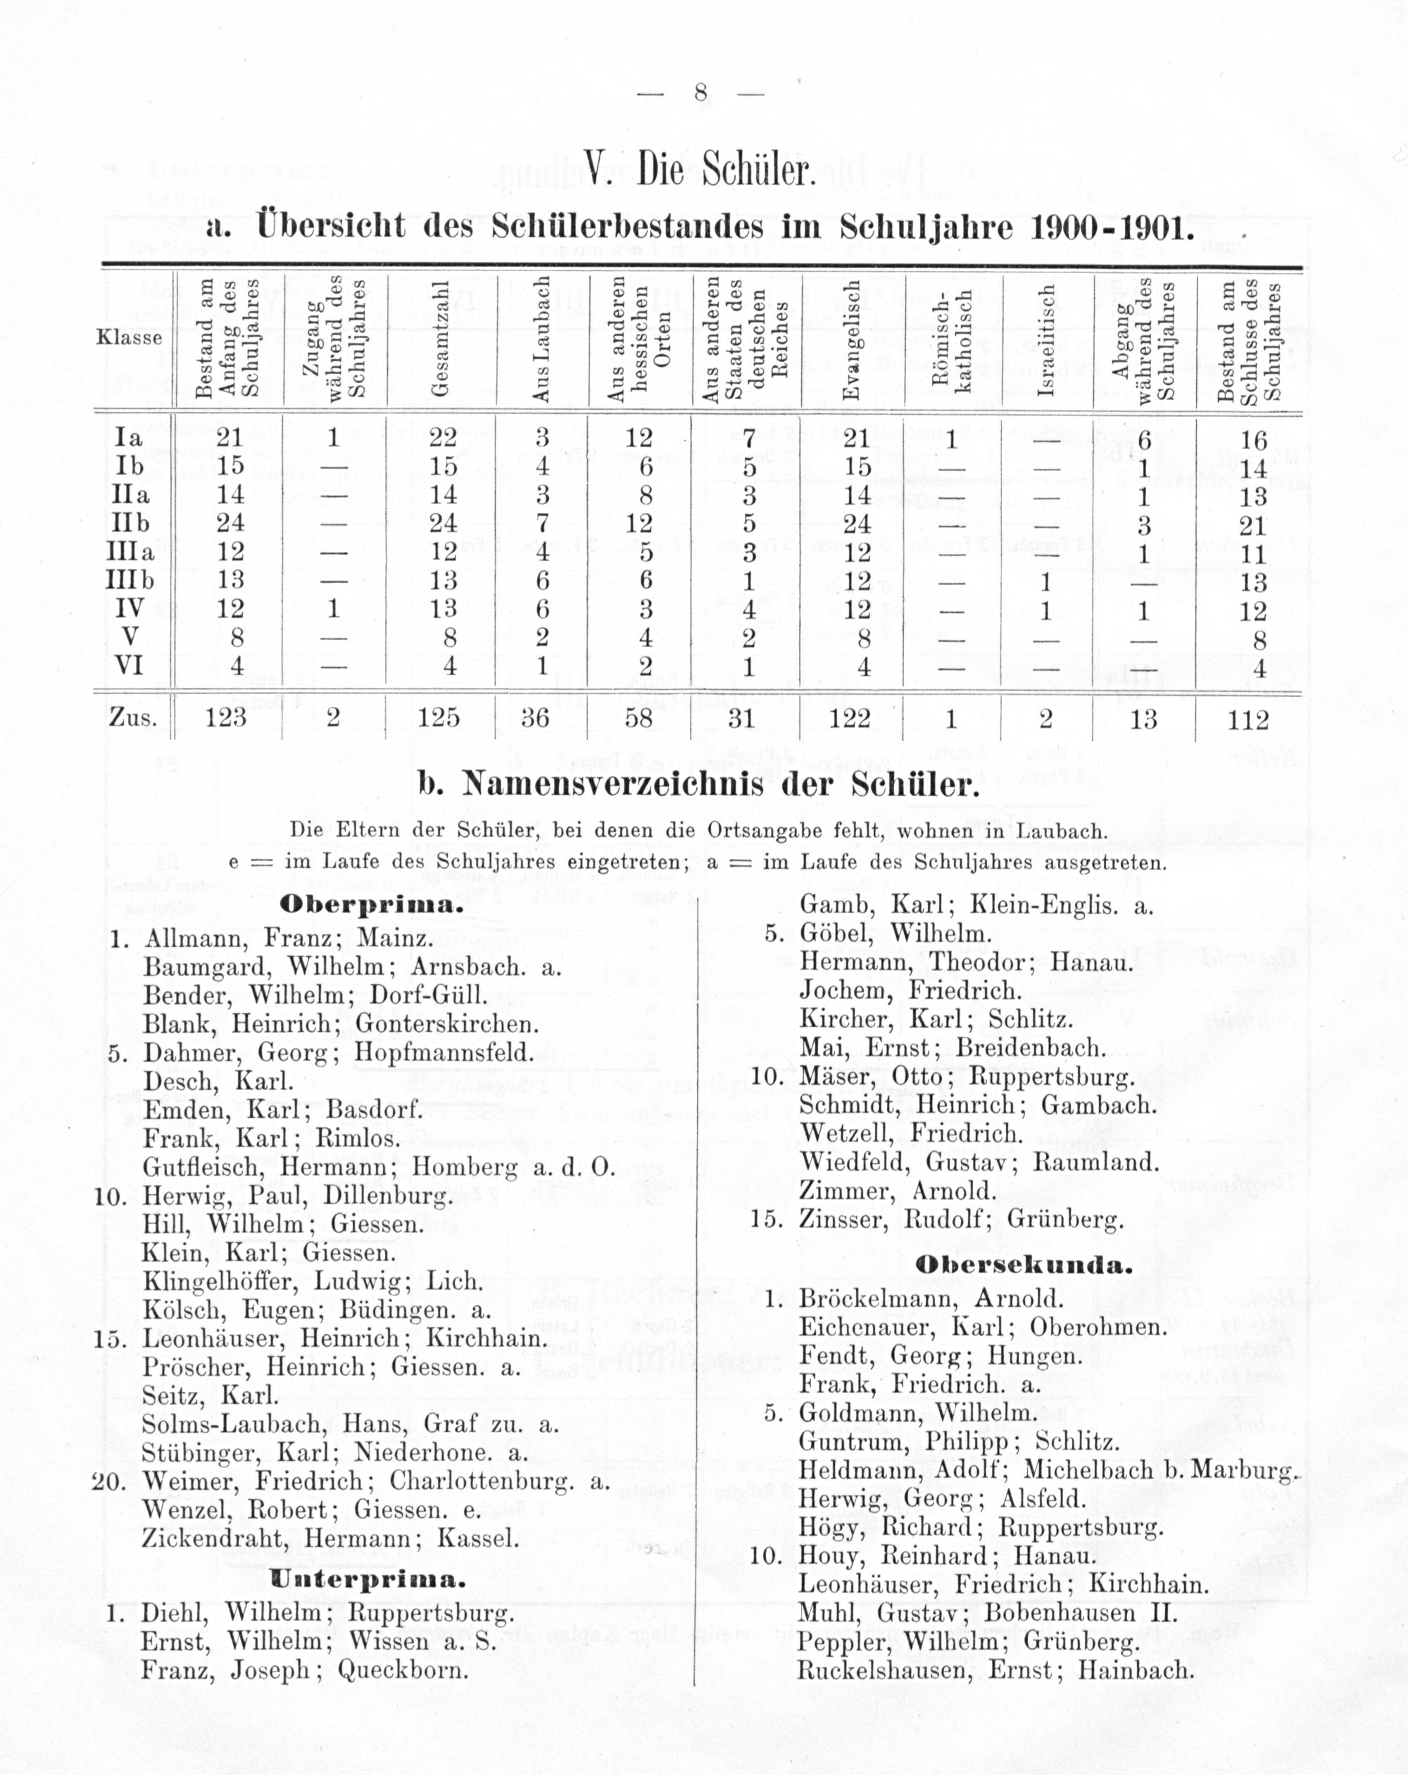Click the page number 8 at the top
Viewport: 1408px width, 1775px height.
pos(700,92)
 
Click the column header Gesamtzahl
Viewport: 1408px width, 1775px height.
pos(442,339)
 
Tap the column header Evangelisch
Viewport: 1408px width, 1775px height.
pos(853,339)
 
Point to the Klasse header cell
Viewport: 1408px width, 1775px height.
pos(130,337)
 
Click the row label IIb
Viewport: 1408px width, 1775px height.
pos(130,524)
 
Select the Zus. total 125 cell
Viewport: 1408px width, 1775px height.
pos(439,718)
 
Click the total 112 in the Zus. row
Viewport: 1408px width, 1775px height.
pos(1248,720)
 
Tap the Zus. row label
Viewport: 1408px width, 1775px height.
pos(132,718)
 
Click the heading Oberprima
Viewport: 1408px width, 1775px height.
pos(367,905)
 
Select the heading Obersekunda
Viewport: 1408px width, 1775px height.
pos(1024,1265)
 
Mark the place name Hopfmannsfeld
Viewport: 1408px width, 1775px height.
pos(444,1053)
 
